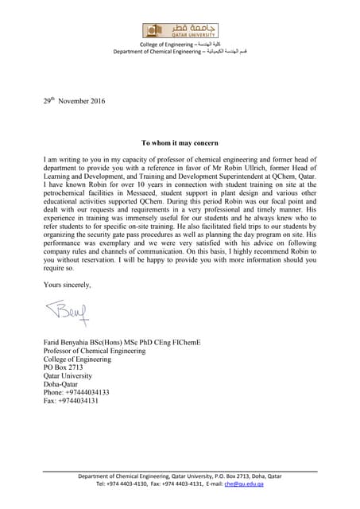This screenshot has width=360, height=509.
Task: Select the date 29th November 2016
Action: [x=74, y=101]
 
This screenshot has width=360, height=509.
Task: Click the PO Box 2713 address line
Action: [x=64, y=367]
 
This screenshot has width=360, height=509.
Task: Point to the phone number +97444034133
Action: [x=76, y=392]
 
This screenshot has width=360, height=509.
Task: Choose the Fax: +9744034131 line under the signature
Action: [x=71, y=401]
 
